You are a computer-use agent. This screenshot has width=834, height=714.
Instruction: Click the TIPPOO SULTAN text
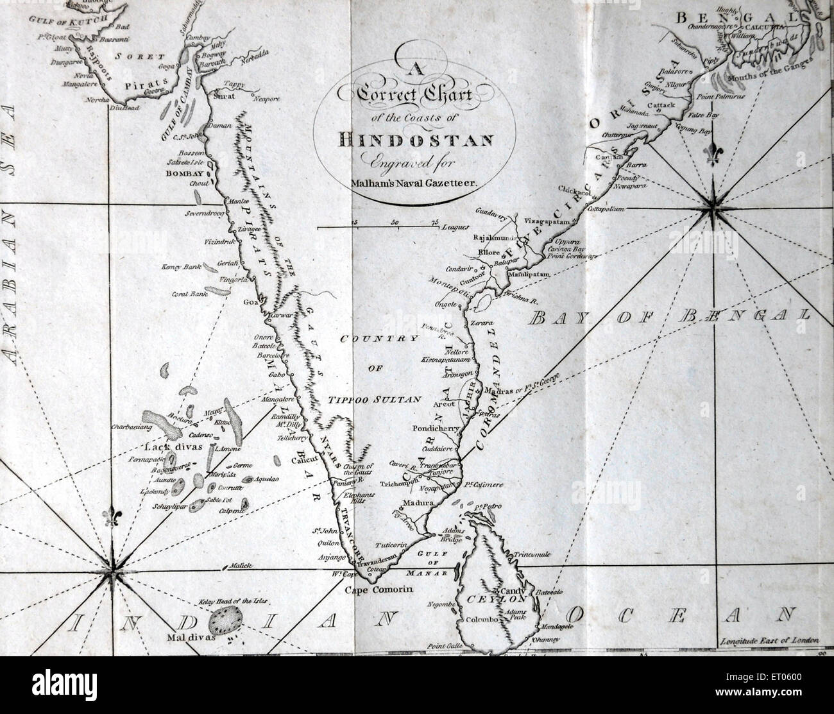375,399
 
